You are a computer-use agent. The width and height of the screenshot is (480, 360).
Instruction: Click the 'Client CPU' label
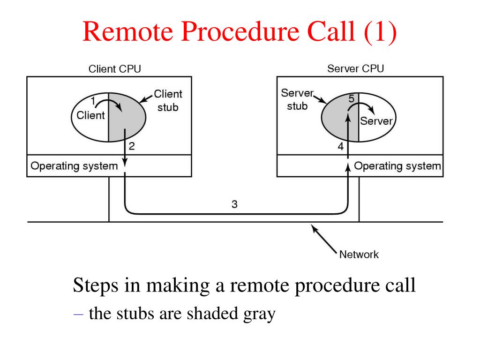115,69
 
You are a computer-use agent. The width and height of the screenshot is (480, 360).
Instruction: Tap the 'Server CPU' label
355,68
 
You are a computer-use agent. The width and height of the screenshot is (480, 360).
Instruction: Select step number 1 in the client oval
93,100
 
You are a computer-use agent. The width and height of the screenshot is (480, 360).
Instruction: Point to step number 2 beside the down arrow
132,146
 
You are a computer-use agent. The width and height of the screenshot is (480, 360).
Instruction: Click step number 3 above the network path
234,204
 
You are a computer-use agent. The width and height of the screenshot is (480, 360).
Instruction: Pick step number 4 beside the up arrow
341,147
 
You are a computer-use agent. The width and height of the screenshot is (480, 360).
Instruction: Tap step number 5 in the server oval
352,98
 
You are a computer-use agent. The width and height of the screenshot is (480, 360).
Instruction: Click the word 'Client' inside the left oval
90,115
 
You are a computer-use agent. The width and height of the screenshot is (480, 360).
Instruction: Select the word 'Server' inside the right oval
376,121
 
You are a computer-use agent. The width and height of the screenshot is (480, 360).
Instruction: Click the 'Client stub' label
168,100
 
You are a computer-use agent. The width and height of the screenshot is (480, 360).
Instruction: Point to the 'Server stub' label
297,99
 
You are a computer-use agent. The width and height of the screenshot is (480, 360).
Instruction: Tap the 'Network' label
359,255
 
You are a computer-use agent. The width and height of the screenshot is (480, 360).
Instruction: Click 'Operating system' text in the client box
74,166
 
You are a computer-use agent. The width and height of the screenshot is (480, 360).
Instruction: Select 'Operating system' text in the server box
397,166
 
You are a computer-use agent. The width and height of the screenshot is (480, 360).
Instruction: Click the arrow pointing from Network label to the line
324,239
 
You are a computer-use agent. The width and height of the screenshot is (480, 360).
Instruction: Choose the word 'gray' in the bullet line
260,314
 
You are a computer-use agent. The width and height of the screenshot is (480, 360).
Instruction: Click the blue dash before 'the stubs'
78,315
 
